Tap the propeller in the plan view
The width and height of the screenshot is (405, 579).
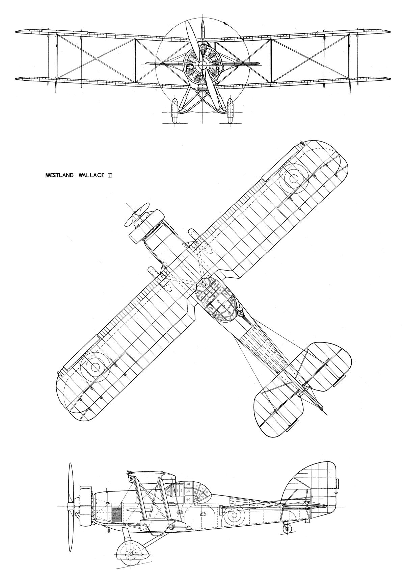pos(137,215)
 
